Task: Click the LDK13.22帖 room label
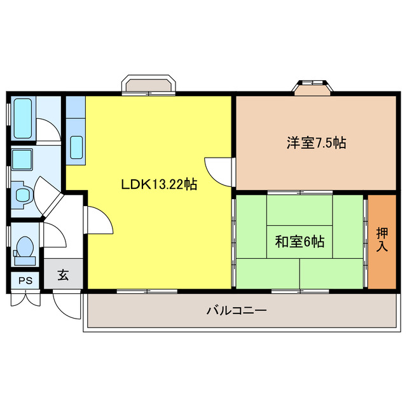(x=159, y=185)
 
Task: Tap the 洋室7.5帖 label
(x=315, y=143)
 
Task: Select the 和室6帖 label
(x=300, y=242)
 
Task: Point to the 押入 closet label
(x=382, y=240)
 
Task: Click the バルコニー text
(x=236, y=311)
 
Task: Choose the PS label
(x=25, y=280)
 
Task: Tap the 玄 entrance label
(x=64, y=275)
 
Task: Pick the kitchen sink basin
(x=76, y=148)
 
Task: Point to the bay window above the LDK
(x=149, y=85)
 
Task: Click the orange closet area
(x=382, y=240)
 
